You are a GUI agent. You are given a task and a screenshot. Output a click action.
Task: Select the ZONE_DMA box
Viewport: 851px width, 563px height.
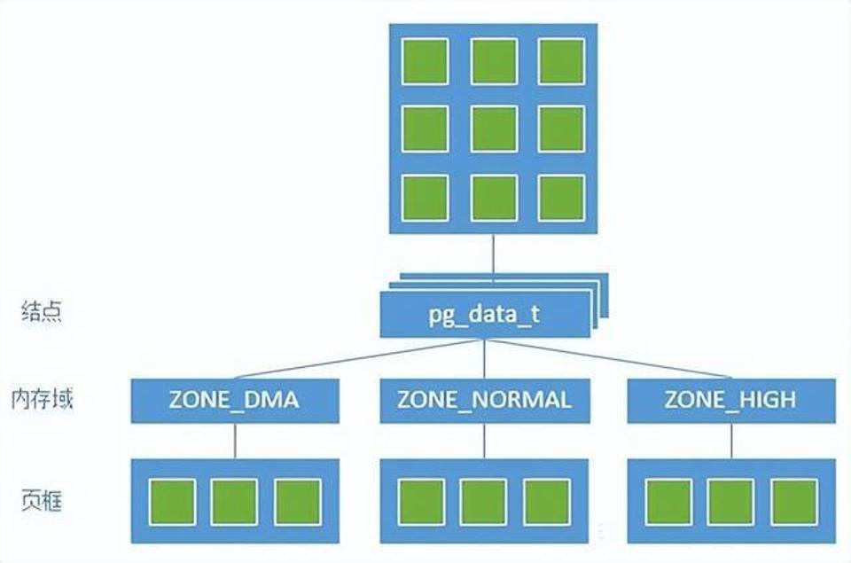[235, 400]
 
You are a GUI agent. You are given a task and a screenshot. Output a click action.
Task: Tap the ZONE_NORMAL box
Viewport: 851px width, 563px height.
[484, 400]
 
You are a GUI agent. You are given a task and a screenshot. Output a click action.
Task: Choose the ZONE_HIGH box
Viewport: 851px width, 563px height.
[731, 400]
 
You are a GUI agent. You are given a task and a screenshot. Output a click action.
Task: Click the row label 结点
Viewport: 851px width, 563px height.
[42, 312]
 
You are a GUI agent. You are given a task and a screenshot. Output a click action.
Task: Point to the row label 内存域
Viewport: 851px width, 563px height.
[42, 397]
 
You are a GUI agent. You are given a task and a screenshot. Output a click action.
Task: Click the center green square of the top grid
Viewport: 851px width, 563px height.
[494, 129]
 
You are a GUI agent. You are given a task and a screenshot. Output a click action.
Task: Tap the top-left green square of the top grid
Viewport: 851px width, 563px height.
[425, 61]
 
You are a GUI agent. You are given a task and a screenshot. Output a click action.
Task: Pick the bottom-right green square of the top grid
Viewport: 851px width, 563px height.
[562, 198]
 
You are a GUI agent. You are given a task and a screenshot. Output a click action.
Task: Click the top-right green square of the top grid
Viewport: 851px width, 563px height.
[562, 61]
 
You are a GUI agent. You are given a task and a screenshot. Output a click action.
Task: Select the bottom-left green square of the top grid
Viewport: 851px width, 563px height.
[425, 198]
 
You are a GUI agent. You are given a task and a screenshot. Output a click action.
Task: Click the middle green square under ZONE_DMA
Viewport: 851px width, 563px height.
[234, 502]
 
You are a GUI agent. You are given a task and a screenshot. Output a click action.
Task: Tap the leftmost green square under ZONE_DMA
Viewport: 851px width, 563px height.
[171, 502]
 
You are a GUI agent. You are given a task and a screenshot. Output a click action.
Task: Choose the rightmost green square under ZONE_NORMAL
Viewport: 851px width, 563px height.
[546, 502]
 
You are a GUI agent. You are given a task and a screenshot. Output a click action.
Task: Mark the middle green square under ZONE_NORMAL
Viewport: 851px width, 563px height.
[483, 502]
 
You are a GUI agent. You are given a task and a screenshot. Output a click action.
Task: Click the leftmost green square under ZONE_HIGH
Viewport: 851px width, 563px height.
[668, 502]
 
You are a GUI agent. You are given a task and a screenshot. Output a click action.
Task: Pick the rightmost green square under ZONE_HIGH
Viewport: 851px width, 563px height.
[793, 502]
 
